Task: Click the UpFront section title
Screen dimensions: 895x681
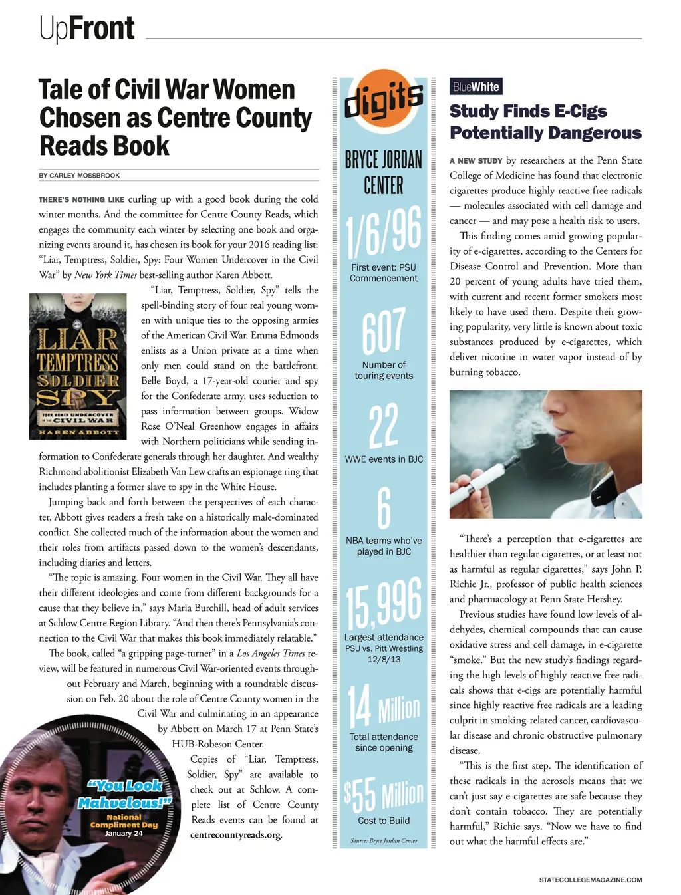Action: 87,29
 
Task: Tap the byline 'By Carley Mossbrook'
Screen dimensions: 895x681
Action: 79,176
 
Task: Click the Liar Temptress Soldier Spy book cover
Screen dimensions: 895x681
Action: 78,366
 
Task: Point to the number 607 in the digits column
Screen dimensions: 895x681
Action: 384,330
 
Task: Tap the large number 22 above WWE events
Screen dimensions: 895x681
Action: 384,426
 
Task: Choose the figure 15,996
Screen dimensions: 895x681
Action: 384,603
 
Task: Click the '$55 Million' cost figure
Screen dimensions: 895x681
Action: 384,794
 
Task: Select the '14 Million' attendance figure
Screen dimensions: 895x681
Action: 384,707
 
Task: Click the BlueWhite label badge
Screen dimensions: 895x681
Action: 476,86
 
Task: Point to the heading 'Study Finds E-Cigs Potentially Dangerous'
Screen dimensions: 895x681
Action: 545,122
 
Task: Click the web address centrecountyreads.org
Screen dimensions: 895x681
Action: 236,835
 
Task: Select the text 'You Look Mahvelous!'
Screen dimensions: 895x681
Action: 125,794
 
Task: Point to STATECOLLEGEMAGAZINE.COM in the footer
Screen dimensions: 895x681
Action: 591,880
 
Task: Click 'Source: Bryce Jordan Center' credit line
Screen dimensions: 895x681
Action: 384,840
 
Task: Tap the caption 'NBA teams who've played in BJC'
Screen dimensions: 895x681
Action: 384,546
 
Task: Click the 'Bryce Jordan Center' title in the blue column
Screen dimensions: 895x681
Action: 384,172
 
